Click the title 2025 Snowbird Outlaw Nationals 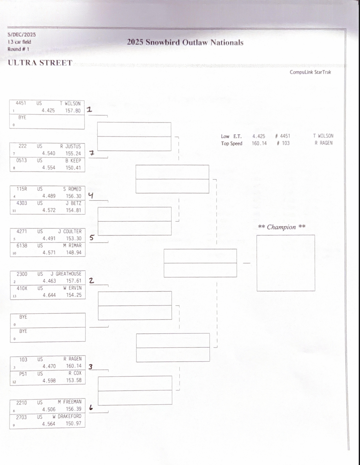[x=185, y=42]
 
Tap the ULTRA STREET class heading [x=40, y=63]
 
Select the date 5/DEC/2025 [x=22, y=35]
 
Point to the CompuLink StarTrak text [x=310, y=72]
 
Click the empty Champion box [x=285, y=263]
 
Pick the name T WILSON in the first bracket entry [x=70, y=103]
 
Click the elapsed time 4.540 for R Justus [x=49, y=154]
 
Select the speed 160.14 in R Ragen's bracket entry [x=74, y=366]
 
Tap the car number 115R [x=22, y=189]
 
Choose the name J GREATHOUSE [x=66, y=274]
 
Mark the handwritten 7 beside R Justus [x=92, y=153]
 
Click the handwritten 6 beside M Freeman [x=91, y=408]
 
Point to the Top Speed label [x=231, y=143]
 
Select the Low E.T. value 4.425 [x=259, y=136]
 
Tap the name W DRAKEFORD [x=67, y=416]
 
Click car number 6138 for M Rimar [x=22, y=245]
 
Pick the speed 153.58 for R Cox [x=74, y=380]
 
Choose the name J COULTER [x=70, y=231]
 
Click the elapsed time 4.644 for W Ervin [x=49, y=295]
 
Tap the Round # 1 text [x=18, y=49]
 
